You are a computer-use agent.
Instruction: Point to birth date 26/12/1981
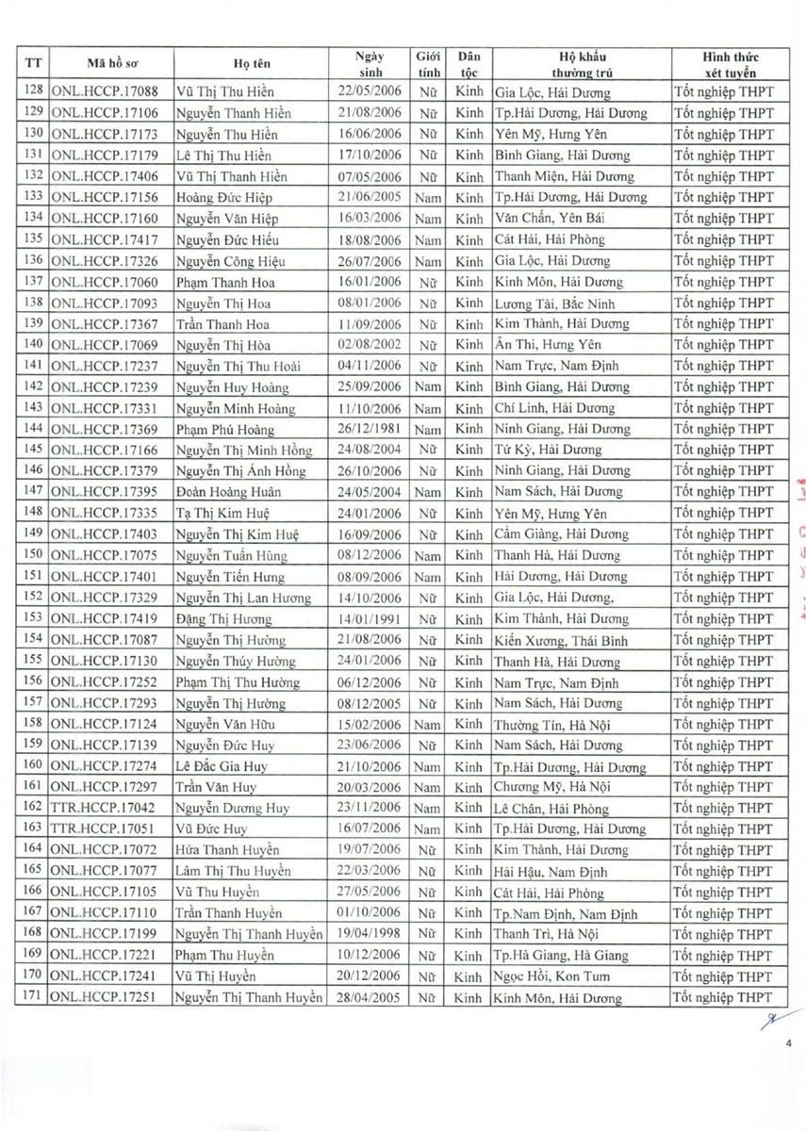point(370,429)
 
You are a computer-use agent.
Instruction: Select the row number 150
point(33,555)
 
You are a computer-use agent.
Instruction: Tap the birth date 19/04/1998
point(370,934)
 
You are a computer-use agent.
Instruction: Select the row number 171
point(33,998)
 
